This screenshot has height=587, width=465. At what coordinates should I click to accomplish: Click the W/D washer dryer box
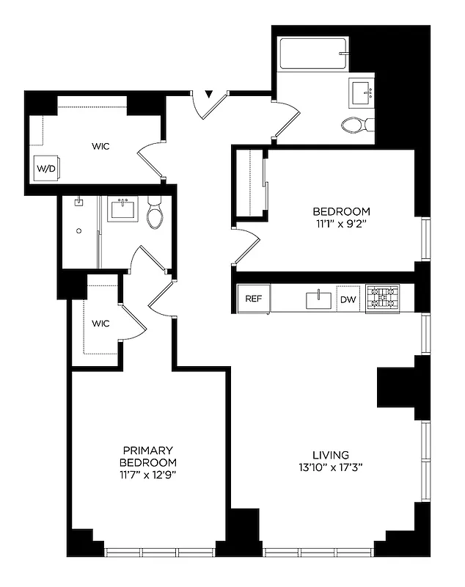46,168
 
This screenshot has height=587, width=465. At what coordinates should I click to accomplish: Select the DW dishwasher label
348,299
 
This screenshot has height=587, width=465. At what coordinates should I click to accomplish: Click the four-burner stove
382,299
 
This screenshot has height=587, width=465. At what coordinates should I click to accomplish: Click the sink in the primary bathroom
122,208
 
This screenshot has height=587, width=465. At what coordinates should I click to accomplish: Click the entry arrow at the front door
209,94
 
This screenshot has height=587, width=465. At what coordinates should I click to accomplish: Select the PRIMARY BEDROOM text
148,456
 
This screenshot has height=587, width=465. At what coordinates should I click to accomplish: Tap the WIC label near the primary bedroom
101,323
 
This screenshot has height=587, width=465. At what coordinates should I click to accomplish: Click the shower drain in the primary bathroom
78,230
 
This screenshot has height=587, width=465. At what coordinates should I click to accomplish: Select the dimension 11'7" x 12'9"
148,475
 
